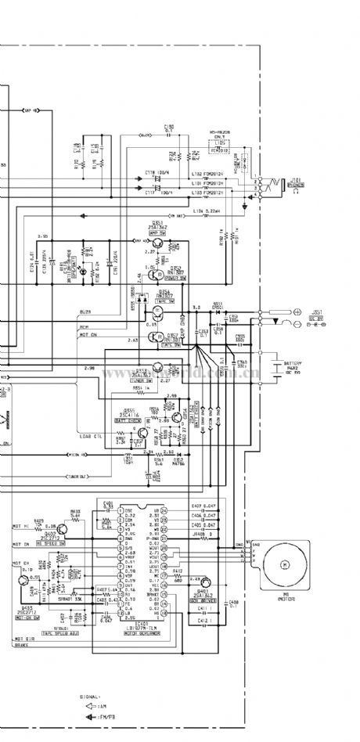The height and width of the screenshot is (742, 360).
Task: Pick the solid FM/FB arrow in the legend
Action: pyautogui.click(x=88, y=718)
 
